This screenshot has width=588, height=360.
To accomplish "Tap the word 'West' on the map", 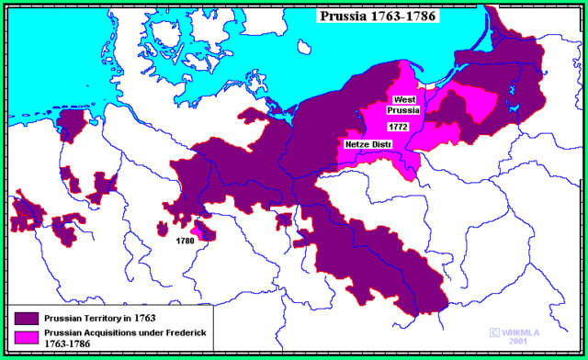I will (x=405, y=99).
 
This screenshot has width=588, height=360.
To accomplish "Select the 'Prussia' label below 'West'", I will (x=405, y=110).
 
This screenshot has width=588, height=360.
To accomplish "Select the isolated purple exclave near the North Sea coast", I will (x=70, y=126).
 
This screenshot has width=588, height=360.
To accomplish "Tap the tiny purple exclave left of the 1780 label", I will (x=163, y=228).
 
